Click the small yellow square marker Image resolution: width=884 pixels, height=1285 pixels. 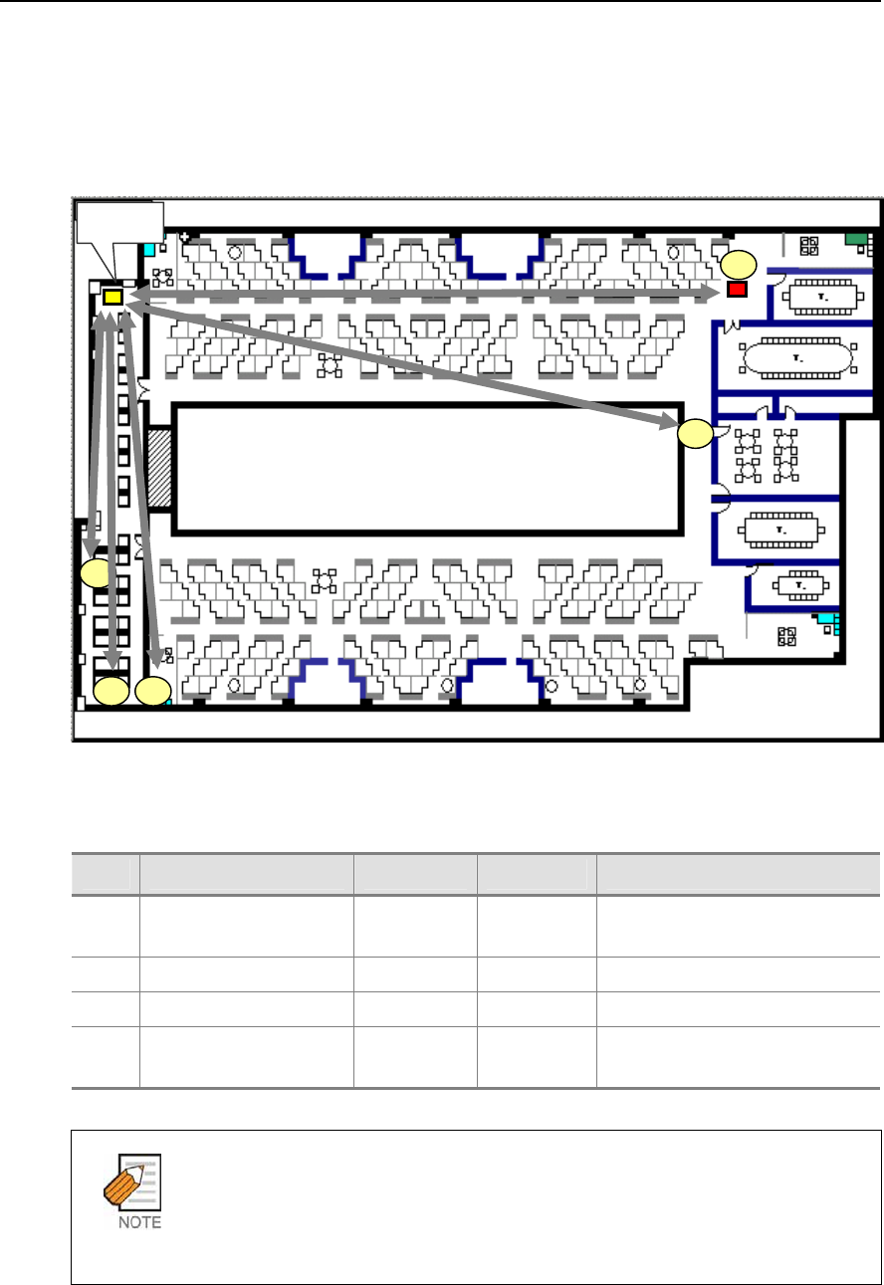[x=112, y=298]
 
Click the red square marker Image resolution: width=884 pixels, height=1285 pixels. [x=737, y=289]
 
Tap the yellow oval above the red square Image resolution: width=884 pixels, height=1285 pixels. [x=739, y=265]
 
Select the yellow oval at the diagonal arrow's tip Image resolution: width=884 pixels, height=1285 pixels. [x=695, y=433]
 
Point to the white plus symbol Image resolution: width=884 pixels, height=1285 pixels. [x=185, y=236]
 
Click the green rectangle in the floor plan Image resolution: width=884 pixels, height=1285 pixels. [x=855, y=239]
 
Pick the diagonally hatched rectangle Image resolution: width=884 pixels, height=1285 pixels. [x=159, y=468]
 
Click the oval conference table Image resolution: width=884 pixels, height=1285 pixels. [x=798, y=358]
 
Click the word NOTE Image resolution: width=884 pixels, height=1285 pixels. [x=139, y=1222]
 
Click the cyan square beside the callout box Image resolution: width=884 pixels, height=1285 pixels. [x=149, y=250]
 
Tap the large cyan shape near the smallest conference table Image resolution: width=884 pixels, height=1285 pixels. [x=827, y=619]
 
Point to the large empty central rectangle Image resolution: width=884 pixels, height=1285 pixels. [x=428, y=469]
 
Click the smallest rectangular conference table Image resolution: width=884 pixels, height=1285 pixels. [x=800, y=585]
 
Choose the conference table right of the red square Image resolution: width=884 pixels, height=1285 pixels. [x=822, y=298]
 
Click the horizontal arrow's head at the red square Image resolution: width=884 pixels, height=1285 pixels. [x=712, y=292]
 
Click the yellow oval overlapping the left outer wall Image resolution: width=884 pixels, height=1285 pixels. [x=95, y=573]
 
